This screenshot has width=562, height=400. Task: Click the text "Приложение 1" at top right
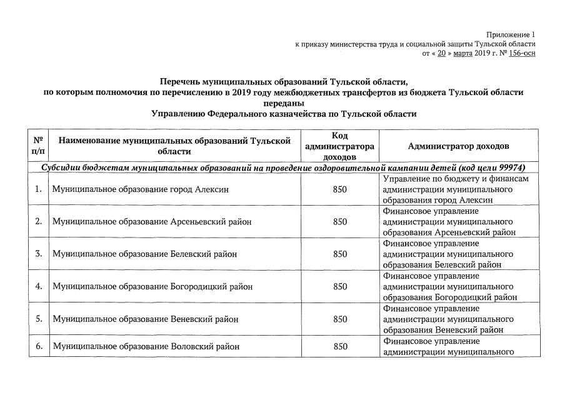pos(511,34)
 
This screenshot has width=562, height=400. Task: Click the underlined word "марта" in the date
pos(463,54)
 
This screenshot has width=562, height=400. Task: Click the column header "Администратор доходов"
pos(458,146)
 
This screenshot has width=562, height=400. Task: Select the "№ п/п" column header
pos(38,146)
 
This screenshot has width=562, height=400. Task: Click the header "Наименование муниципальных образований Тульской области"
pos(175,146)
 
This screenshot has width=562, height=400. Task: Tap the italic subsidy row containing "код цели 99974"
pos(283,168)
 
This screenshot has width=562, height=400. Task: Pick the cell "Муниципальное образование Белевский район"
pos(145,254)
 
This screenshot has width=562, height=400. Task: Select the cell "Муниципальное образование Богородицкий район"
pos(153,287)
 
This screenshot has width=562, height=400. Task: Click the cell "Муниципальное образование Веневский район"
pos(146,319)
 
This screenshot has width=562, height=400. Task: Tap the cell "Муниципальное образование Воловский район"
pos(146,346)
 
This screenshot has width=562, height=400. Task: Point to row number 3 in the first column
pos(38,254)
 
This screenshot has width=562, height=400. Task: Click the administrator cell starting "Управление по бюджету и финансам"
pos(458,189)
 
